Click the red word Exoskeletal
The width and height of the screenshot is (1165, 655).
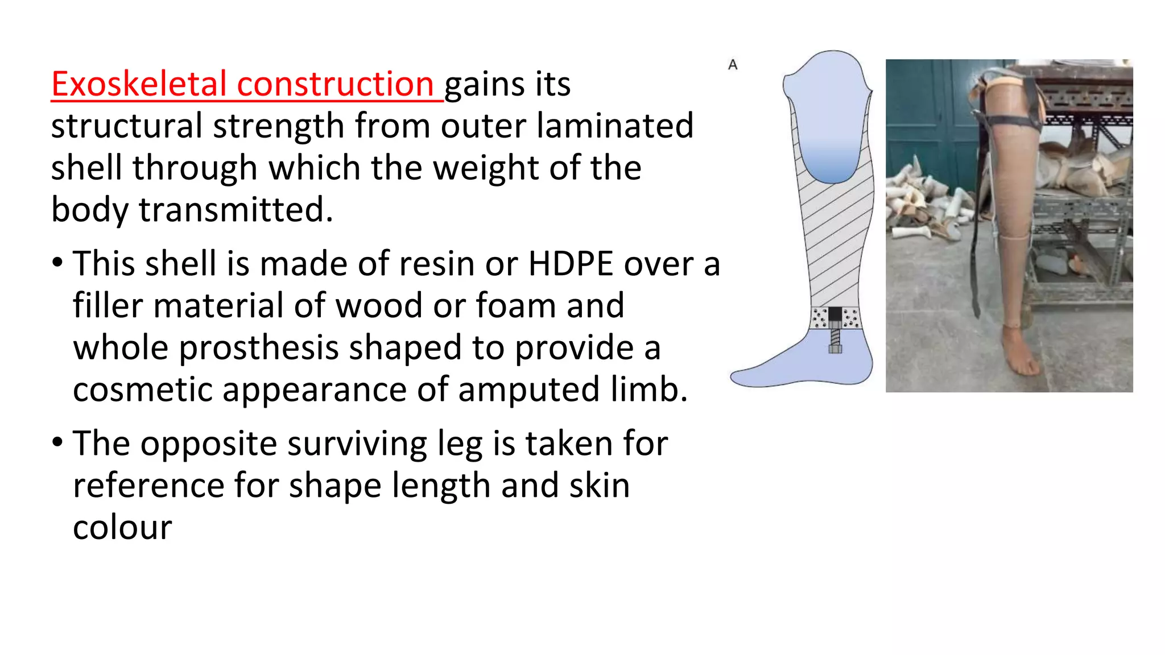(139, 84)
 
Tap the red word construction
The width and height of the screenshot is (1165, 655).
(336, 84)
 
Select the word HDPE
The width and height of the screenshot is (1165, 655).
(571, 264)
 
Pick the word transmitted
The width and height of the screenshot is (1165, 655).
(236, 209)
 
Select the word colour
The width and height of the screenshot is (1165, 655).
(122, 528)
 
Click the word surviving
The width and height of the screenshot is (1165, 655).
(357, 443)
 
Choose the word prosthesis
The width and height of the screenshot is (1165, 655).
(259, 348)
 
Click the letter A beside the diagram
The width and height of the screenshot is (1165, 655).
(733, 65)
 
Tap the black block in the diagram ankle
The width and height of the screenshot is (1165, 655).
(835, 314)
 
